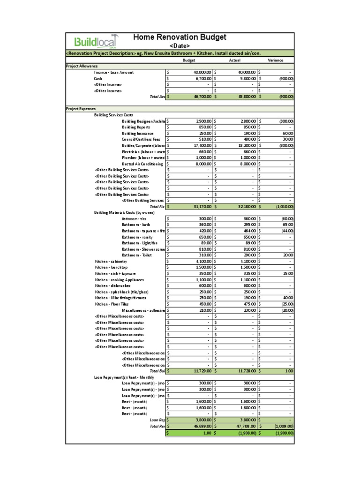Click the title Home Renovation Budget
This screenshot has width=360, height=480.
(x=180, y=37)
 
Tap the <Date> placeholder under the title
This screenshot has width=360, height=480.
(x=180, y=46)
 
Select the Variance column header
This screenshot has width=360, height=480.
(x=275, y=60)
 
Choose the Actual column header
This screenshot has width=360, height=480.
(x=234, y=60)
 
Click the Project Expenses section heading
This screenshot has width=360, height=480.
(x=81, y=109)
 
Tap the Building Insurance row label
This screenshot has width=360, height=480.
(x=137, y=133)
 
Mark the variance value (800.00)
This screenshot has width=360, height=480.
(x=286, y=146)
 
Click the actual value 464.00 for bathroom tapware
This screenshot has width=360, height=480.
(x=248, y=231)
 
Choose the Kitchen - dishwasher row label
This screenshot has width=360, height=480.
(x=113, y=285)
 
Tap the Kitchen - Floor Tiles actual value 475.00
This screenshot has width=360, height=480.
(x=248, y=304)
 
